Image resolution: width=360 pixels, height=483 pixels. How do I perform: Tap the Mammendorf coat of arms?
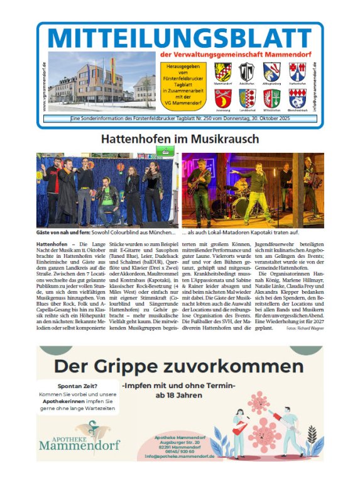tap(223, 70)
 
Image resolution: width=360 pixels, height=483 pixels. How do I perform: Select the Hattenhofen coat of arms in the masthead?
tap(297, 70)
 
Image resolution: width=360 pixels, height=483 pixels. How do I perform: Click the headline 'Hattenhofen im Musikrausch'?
tap(180, 138)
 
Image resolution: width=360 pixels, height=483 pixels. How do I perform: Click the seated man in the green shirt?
tap(107, 201)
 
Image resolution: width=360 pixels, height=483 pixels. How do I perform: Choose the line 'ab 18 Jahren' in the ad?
tap(180, 396)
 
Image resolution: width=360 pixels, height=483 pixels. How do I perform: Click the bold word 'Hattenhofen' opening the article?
tap(52, 243)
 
